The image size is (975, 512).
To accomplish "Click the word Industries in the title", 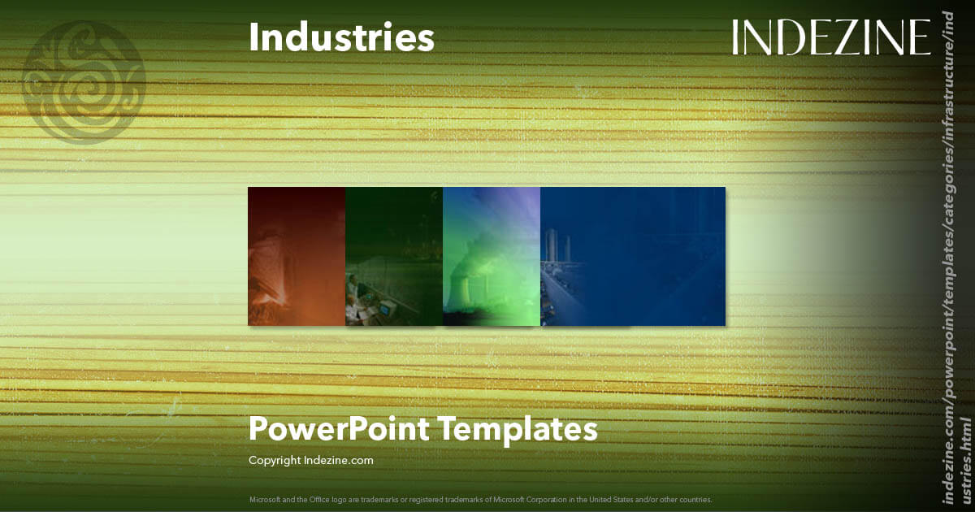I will [x=341, y=38].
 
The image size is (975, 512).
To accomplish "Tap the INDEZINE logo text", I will [x=830, y=38].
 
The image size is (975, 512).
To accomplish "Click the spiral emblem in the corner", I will [x=84, y=82].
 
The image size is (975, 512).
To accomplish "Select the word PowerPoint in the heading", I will [x=339, y=429].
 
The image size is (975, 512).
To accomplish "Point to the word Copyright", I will [x=275, y=460].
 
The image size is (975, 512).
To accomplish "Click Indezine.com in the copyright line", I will [x=339, y=460].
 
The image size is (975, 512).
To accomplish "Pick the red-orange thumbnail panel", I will [x=297, y=256].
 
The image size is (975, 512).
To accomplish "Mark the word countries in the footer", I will [x=695, y=499].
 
